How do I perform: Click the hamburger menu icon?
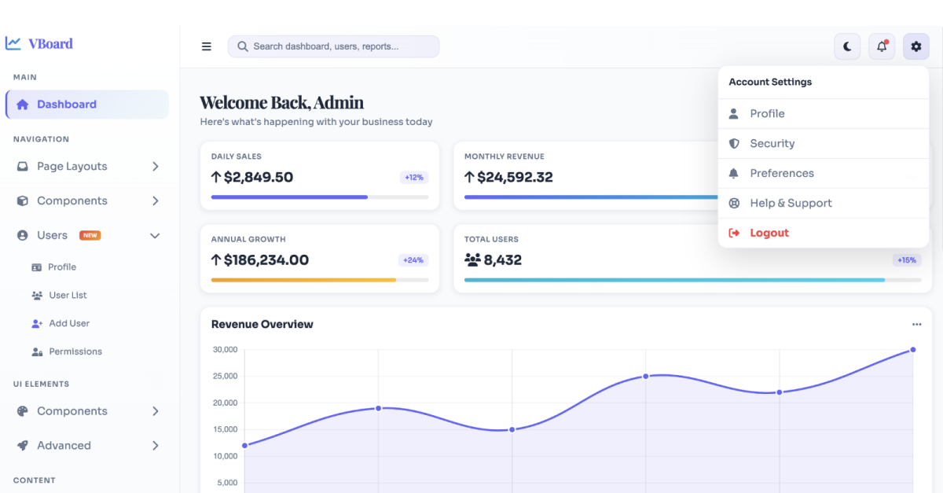(206, 46)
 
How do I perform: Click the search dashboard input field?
(333, 46)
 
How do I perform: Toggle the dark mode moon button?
(847, 46)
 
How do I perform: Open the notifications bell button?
(882, 46)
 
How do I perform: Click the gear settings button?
(916, 46)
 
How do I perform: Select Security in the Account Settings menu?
(772, 144)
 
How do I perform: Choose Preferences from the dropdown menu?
(782, 173)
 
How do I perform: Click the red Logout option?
(769, 233)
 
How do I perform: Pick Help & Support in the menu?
(791, 203)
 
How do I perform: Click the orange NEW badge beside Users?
(90, 235)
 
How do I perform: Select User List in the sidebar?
(68, 296)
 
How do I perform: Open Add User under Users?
(69, 324)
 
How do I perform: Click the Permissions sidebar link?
(75, 351)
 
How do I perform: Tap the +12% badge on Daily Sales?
(414, 178)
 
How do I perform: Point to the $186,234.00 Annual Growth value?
(266, 260)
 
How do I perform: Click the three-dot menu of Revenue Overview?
(916, 325)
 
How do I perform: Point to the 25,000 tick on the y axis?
(226, 376)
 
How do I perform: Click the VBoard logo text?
(50, 44)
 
